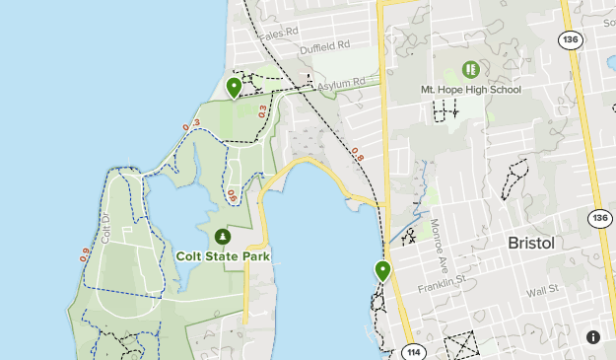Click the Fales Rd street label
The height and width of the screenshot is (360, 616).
[278, 32]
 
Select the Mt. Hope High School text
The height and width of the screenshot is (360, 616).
[470, 90]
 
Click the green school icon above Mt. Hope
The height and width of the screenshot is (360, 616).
[470, 70]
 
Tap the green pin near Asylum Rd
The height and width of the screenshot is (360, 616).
[234, 88]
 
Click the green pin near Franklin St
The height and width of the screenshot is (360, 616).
[381, 270]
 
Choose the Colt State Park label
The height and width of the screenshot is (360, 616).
[223, 255]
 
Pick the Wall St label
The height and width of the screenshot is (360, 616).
[542, 291]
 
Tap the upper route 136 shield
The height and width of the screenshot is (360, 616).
[569, 39]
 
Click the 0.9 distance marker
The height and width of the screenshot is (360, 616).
[85, 252]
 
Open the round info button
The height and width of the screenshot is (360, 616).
[592, 336]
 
